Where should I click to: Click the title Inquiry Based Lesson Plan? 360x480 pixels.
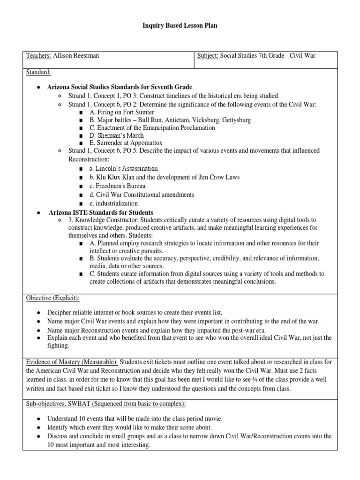180,26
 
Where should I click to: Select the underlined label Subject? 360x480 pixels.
207,56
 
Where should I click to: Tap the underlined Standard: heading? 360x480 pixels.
39,73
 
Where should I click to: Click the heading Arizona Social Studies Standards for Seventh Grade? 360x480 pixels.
120,87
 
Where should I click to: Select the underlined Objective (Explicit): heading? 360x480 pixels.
52,298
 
